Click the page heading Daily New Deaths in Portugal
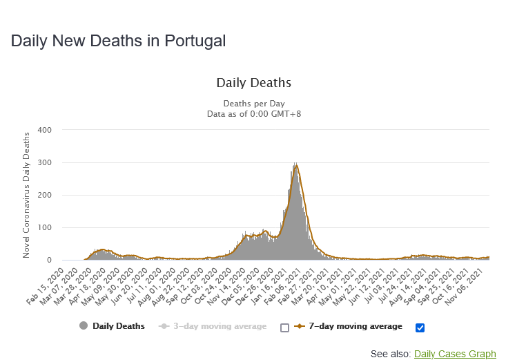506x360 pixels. point(118,41)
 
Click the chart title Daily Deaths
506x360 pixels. point(253,83)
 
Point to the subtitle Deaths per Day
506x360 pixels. point(253,104)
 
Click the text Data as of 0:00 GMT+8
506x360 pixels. point(253,113)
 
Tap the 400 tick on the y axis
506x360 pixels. point(44,130)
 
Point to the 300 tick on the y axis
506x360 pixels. point(44,162)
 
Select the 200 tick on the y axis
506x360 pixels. point(44,195)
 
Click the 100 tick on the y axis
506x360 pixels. point(44,227)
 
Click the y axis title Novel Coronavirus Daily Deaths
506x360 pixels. point(26,195)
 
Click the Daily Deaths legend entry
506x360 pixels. point(119,326)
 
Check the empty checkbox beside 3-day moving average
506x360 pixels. point(284,327)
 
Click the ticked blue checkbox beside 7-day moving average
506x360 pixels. point(420,327)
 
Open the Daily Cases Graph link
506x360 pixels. point(455,354)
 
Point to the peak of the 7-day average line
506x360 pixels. point(296,166)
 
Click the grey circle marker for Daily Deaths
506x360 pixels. point(84,326)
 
